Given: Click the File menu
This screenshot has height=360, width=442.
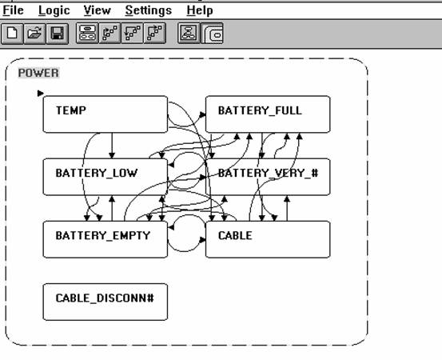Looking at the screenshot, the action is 13,10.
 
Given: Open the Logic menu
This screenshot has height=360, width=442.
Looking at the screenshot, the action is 54,11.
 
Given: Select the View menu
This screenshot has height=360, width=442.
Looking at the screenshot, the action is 98,10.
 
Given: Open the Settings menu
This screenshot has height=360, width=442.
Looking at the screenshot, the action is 149,11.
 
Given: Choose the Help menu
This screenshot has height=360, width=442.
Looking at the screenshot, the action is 200,11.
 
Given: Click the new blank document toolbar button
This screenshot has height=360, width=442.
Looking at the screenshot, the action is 12,34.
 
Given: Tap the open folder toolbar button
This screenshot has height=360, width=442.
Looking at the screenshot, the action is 34,34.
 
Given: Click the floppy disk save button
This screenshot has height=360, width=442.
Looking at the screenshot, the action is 58,34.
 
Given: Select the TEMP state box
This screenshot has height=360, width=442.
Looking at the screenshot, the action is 106,114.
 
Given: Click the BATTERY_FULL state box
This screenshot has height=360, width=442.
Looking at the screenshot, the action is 268,114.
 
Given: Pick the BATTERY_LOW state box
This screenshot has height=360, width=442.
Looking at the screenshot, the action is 106,177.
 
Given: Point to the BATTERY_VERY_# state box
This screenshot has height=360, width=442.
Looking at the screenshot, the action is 268,177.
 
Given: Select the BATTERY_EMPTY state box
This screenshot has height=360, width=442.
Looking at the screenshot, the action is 106,239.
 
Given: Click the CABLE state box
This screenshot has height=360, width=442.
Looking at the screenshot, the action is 268,239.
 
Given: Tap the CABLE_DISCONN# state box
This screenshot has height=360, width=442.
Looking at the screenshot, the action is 106,302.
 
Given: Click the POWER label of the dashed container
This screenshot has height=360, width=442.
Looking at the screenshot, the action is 38,73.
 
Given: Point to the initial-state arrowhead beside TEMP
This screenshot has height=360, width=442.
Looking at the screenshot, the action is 41,93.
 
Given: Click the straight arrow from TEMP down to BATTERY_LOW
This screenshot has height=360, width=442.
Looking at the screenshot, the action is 112,146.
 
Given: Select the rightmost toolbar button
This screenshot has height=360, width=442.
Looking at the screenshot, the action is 212,34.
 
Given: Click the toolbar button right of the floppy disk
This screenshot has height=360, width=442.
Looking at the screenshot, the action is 87,34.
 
